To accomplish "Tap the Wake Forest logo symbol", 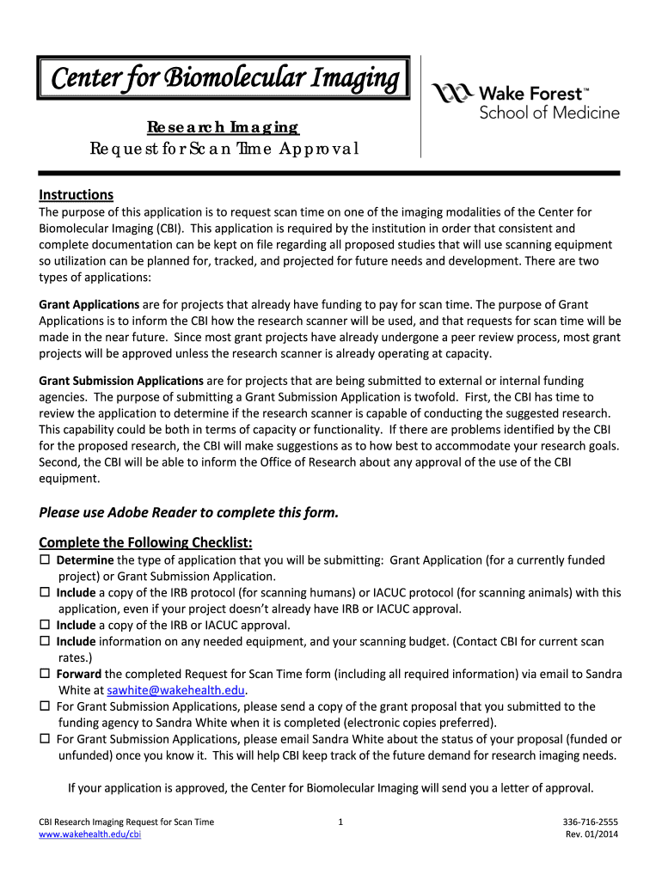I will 451,95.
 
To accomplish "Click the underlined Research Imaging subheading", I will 223,127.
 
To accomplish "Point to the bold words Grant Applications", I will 89,304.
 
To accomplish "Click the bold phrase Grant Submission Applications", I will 121,380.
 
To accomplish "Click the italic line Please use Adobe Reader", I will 189,513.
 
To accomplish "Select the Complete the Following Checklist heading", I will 145,542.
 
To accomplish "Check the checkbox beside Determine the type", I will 45,560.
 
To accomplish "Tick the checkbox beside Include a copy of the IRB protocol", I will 45,593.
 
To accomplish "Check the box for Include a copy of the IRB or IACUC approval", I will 45,626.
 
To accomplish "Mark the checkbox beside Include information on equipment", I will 45,642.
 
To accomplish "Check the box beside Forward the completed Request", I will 45,675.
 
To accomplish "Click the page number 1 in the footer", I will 341,822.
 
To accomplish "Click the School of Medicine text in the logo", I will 549,113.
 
